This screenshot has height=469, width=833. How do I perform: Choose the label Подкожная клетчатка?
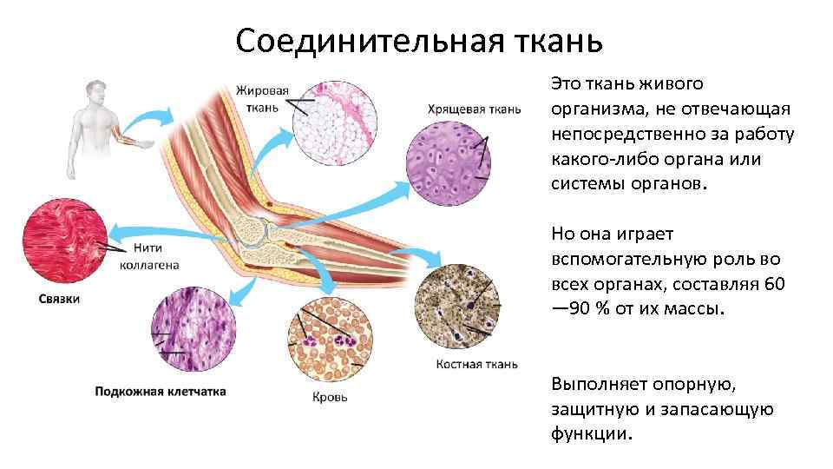(x=161, y=392)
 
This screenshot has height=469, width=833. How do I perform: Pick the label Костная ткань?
(x=477, y=364)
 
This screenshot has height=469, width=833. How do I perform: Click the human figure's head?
(x=95, y=88)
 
